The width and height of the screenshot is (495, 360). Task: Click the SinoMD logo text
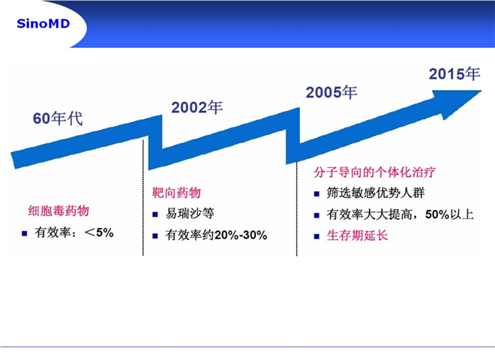click(x=43, y=24)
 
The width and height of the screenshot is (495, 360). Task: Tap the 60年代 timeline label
click(x=58, y=118)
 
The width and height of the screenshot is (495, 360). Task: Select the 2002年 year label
click(x=197, y=107)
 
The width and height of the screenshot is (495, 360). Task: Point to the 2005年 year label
click(x=331, y=92)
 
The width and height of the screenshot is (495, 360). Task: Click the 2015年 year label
click(x=454, y=74)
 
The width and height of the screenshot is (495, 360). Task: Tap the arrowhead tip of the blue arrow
click(x=481, y=91)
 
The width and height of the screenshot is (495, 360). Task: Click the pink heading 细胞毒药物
click(x=58, y=211)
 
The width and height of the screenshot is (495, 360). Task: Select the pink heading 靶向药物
click(x=176, y=192)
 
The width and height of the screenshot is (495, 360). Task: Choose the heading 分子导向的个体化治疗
click(x=374, y=172)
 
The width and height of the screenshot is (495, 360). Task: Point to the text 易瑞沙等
click(x=190, y=214)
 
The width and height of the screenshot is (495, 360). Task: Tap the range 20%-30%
click(x=241, y=235)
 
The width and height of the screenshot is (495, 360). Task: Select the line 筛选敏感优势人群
click(x=376, y=193)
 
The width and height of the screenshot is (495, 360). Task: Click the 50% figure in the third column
click(x=437, y=214)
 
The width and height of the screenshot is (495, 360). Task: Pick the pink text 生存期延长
click(x=357, y=235)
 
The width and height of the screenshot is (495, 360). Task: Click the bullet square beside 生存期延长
click(x=316, y=236)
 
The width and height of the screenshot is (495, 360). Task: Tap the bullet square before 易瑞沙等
click(x=155, y=214)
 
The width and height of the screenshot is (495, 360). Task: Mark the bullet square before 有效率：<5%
click(x=24, y=234)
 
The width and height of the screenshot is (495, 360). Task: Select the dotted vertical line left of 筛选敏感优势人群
click(x=297, y=208)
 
